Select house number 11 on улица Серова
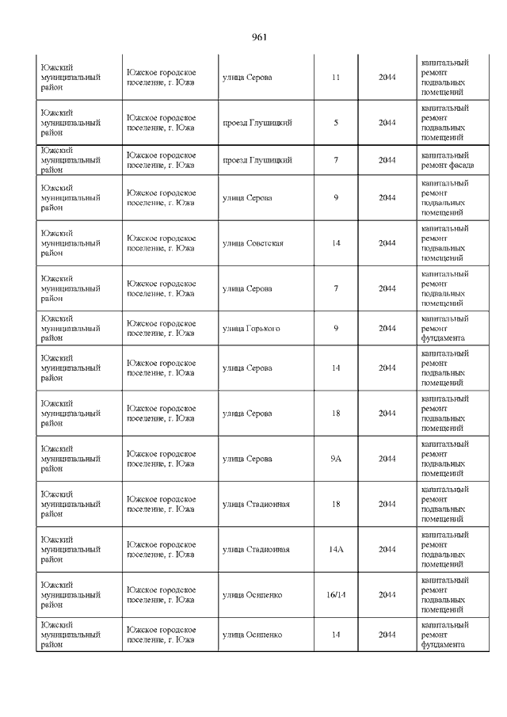pyautogui.click(x=336, y=77)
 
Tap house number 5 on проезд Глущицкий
pyautogui.click(x=336, y=123)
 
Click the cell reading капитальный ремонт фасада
pyautogui.click(x=448, y=160)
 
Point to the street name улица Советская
pyautogui.click(x=253, y=243)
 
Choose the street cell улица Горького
pyautogui.click(x=250, y=328)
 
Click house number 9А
pyautogui.click(x=336, y=459)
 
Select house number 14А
pyautogui.click(x=336, y=549)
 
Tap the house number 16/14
pyautogui.click(x=336, y=594)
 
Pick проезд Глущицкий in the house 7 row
pyautogui.click(x=257, y=160)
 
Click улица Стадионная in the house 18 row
pyautogui.click(x=256, y=504)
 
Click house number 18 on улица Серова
pyautogui.click(x=336, y=414)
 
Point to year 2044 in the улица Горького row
pyautogui.click(x=387, y=328)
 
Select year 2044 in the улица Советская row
pyautogui.click(x=387, y=243)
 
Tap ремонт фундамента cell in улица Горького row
pyautogui.click(x=444, y=328)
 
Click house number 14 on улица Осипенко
pyautogui.click(x=336, y=634)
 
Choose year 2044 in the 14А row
pyautogui.click(x=387, y=549)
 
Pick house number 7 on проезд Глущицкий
pyautogui.click(x=336, y=160)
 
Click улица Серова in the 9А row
pyautogui.click(x=247, y=459)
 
